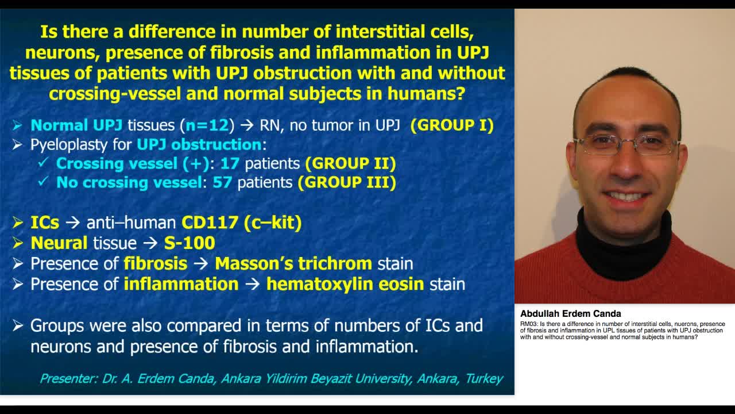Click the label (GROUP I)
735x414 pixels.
pos(452,125)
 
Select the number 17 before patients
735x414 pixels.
pos(230,163)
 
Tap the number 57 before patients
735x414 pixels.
pos(222,183)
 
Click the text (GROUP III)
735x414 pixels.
pos(346,183)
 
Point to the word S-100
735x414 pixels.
pos(189,243)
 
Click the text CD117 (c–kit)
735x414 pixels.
pos(242,223)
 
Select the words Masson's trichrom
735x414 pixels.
pos(293,264)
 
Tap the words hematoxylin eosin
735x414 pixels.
pos(345,284)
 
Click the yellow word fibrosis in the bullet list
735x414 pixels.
pos(155,264)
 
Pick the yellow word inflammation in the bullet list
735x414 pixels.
pos(181,284)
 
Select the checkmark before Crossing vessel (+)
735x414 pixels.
pos(42,163)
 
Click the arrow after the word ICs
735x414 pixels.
pos(72,223)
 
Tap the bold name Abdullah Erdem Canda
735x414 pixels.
pos(570,314)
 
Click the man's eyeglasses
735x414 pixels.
pos(626,145)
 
